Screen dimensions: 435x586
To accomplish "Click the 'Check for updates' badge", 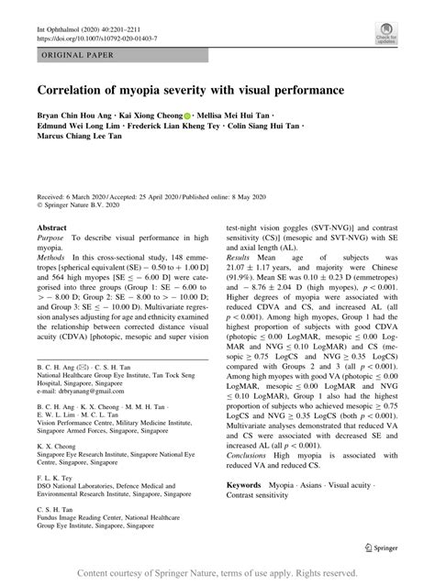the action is (x=387, y=36).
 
